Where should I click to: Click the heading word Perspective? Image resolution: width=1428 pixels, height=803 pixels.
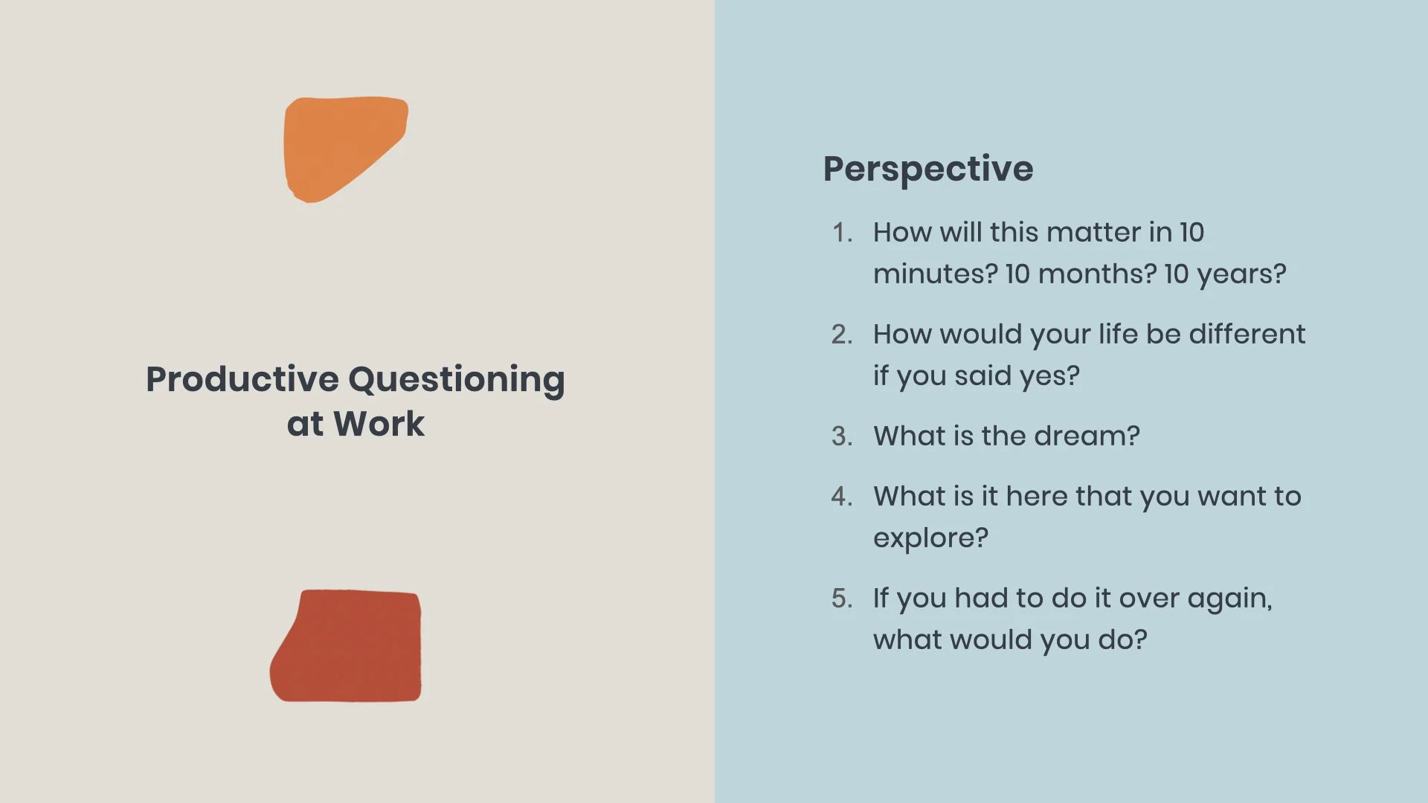click(x=927, y=170)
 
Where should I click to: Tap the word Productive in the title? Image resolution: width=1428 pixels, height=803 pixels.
click(x=242, y=379)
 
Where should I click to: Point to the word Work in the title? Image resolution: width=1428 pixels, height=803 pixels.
click(x=379, y=424)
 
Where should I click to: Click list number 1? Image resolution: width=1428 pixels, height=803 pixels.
click(x=841, y=233)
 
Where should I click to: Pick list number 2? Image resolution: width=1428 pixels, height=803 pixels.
click(x=841, y=335)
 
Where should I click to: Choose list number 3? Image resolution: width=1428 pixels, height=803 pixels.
click(x=841, y=436)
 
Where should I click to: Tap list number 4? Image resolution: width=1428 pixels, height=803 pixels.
click(x=841, y=497)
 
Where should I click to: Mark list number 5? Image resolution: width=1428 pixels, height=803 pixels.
click(x=841, y=599)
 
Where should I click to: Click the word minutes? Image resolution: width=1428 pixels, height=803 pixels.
click(x=935, y=274)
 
